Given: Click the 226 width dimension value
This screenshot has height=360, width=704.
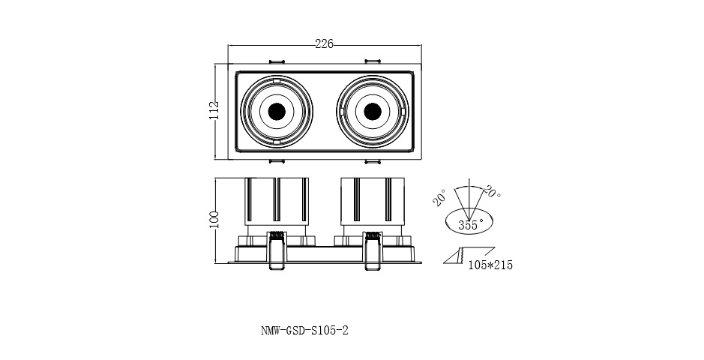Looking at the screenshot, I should click(324, 45).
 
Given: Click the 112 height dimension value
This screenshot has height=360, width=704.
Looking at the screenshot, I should click(214, 110).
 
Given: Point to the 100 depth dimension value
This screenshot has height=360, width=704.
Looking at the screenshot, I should click(214, 219).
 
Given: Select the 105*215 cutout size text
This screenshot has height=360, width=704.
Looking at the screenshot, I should click(490, 265).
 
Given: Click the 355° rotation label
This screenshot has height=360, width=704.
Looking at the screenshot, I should click(469, 224).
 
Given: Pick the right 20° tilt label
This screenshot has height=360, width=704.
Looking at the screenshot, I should click(493, 191).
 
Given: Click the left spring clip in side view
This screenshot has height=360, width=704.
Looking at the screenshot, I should click(275, 249).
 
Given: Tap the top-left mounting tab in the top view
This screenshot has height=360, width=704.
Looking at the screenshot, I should click(275, 61).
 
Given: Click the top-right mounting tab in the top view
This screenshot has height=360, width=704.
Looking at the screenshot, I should click(373, 61).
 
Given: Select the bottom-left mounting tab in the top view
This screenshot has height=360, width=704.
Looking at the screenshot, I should click(275, 160).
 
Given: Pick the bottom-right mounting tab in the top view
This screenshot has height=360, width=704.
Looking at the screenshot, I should click(373, 160).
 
